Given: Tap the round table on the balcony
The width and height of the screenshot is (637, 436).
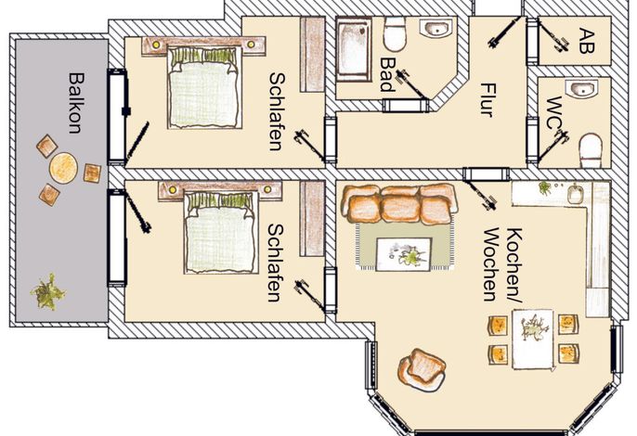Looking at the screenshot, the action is point(63,168).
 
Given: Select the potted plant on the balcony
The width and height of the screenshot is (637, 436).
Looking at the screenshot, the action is point(47,292).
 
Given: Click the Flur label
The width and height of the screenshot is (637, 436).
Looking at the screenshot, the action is point(487,100).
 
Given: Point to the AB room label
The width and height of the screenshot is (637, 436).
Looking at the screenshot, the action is point(586,41).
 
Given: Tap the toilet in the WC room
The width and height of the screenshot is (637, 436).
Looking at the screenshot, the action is point(591,150).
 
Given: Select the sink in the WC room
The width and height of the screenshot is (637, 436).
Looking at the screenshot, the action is point(581,89).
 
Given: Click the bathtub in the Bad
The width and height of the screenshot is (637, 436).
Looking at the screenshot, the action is point(353,49).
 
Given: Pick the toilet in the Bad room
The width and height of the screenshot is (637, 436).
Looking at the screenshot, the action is point(395,33).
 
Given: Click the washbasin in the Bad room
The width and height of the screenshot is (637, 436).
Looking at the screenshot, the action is point(437,28).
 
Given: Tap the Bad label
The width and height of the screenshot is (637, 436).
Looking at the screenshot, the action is point(387,75).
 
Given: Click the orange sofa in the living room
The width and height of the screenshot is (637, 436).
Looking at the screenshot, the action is point(399,204).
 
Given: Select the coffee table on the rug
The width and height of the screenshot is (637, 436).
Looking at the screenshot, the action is point(403,254).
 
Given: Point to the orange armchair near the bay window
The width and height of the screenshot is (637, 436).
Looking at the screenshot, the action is point(422,369).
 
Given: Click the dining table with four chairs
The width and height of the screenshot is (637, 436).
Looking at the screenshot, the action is point(533,339).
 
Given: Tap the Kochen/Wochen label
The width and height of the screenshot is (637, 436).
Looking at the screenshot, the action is point(503,264).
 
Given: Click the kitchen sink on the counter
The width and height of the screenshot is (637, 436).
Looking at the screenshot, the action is point(576,195).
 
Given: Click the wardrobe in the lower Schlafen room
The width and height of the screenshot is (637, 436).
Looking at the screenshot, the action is point(312,218).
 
